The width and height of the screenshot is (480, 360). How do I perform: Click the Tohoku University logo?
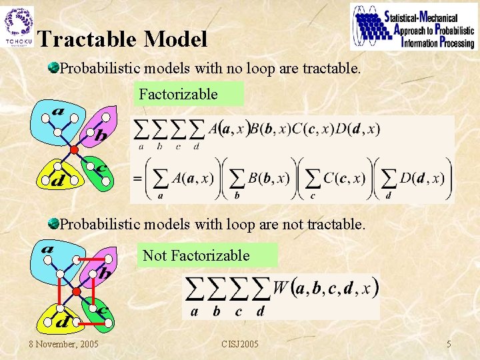pos(18,27)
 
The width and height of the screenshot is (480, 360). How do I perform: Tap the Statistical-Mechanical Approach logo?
pos(412,27)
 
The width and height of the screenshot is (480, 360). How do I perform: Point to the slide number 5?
pos(449,344)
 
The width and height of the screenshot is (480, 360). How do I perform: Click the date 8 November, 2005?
pos(63,344)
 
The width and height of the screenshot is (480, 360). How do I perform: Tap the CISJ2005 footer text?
pos(240,344)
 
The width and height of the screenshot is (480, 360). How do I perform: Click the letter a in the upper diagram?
pos(57,111)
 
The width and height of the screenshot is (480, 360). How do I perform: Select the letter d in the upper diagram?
pos(59,180)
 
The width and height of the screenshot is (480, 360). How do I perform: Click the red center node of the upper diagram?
pos(75,150)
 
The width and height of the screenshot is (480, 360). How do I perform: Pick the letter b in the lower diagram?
pos(104,273)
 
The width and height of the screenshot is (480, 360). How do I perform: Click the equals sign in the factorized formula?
pos(137,178)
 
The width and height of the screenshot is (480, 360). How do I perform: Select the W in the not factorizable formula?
pos(280,288)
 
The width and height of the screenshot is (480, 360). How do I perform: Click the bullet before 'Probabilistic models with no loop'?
pos(53,67)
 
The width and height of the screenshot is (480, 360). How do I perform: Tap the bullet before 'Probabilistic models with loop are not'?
pos(53,224)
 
